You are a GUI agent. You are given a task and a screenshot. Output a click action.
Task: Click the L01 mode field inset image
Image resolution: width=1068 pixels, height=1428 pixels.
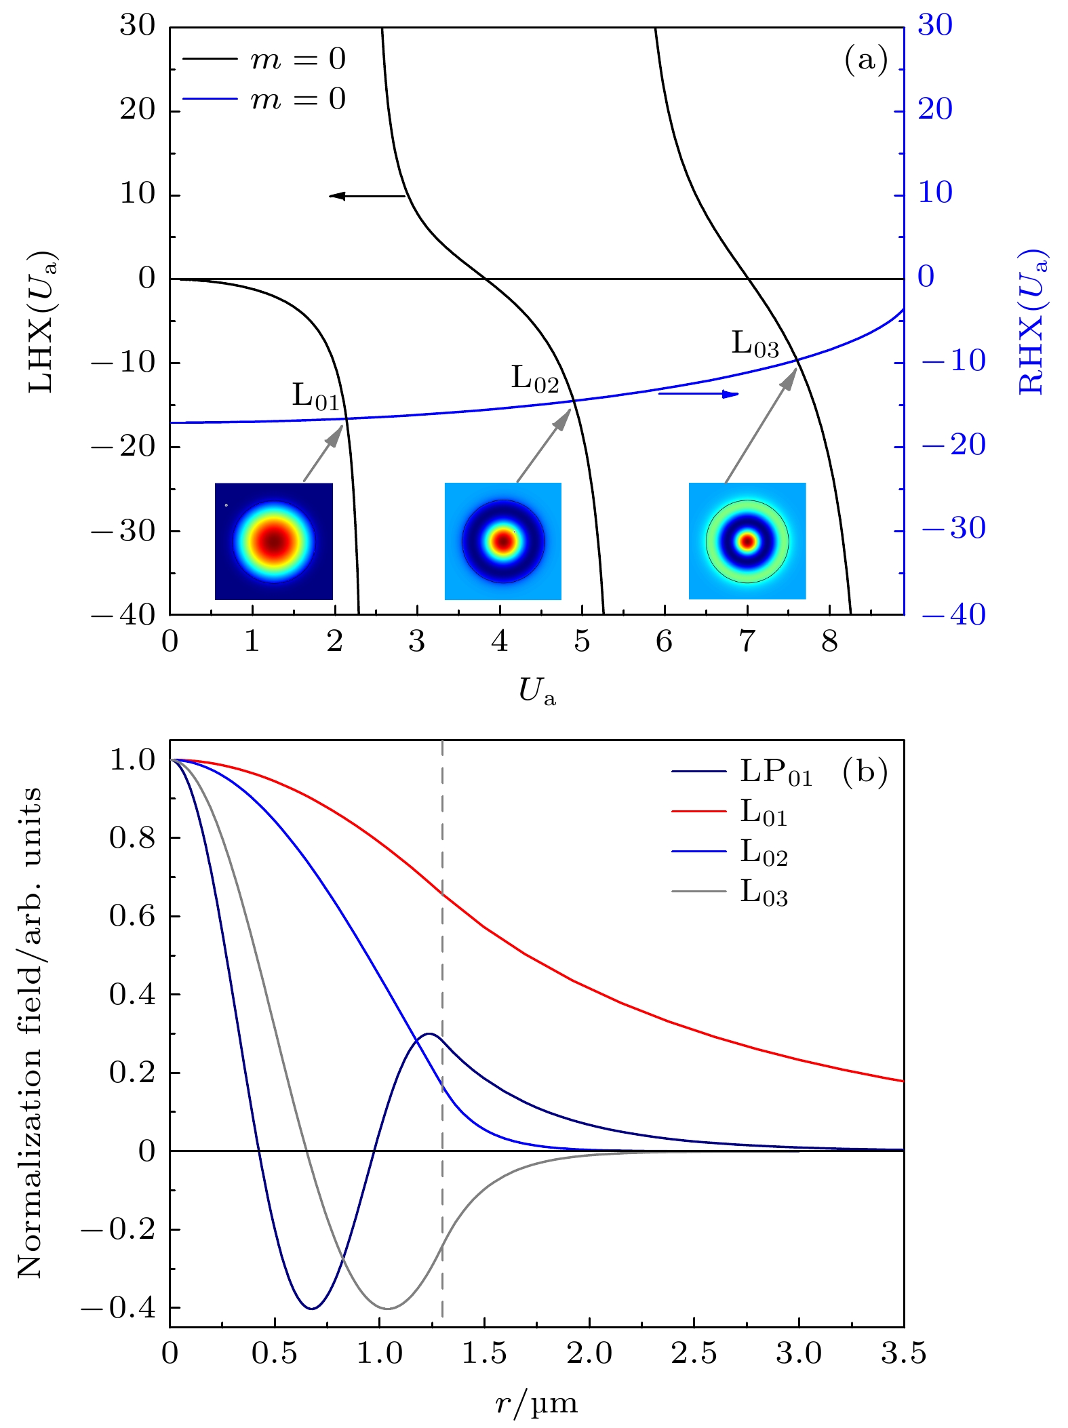[x=273, y=541]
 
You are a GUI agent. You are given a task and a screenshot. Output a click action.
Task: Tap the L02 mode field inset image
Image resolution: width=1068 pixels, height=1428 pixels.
[x=502, y=541]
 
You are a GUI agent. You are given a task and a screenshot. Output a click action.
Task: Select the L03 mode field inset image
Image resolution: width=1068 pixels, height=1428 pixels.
[x=747, y=541]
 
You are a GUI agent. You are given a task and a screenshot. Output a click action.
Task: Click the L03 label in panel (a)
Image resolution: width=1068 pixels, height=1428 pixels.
[x=755, y=344]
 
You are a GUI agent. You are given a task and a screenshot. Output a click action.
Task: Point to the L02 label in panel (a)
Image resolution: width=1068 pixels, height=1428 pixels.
[x=534, y=379]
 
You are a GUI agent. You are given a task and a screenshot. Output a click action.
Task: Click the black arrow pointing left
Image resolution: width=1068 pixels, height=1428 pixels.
[x=366, y=196]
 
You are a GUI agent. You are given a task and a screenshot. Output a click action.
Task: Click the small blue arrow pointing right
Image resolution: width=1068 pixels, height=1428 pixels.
[x=698, y=393]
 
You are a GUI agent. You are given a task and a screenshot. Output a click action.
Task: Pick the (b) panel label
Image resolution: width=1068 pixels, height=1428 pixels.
[x=865, y=772]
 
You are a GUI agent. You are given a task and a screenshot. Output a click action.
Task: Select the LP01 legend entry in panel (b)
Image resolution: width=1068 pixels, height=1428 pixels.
[x=743, y=772]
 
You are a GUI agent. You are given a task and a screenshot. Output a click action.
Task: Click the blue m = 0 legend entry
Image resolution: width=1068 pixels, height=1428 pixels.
[x=264, y=99]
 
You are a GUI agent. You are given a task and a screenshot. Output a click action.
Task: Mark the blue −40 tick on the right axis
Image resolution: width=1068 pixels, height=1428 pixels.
[x=953, y=615]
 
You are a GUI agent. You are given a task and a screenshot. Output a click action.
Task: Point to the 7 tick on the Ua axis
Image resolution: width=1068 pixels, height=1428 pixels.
[x=747, y=641]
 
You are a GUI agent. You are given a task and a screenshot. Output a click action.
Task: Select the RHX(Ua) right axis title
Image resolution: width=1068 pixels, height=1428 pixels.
[x=1033, y=322]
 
